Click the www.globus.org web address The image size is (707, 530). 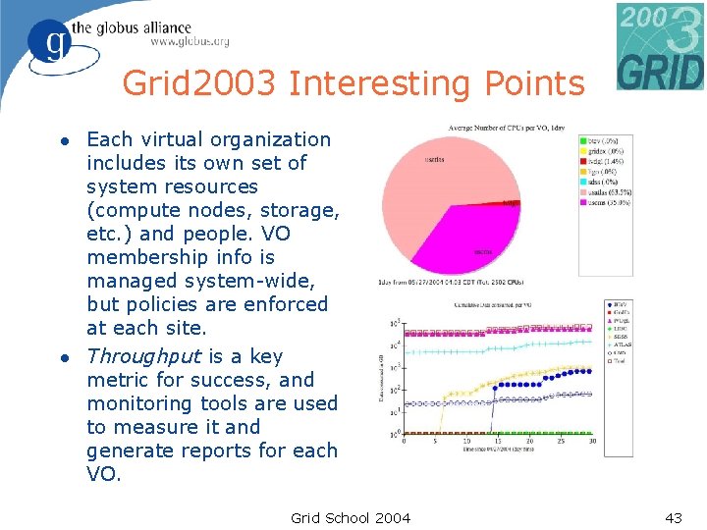[x=190, y=41]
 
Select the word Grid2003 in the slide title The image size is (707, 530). [x=200, y=84]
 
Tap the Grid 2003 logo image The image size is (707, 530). [x=660, y=46]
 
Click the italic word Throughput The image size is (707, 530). [x=142, y=356]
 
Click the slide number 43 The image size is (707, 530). [x=673, y=517]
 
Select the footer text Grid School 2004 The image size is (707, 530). [x=351, y=517]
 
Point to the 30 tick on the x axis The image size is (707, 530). [x=592, y=442]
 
